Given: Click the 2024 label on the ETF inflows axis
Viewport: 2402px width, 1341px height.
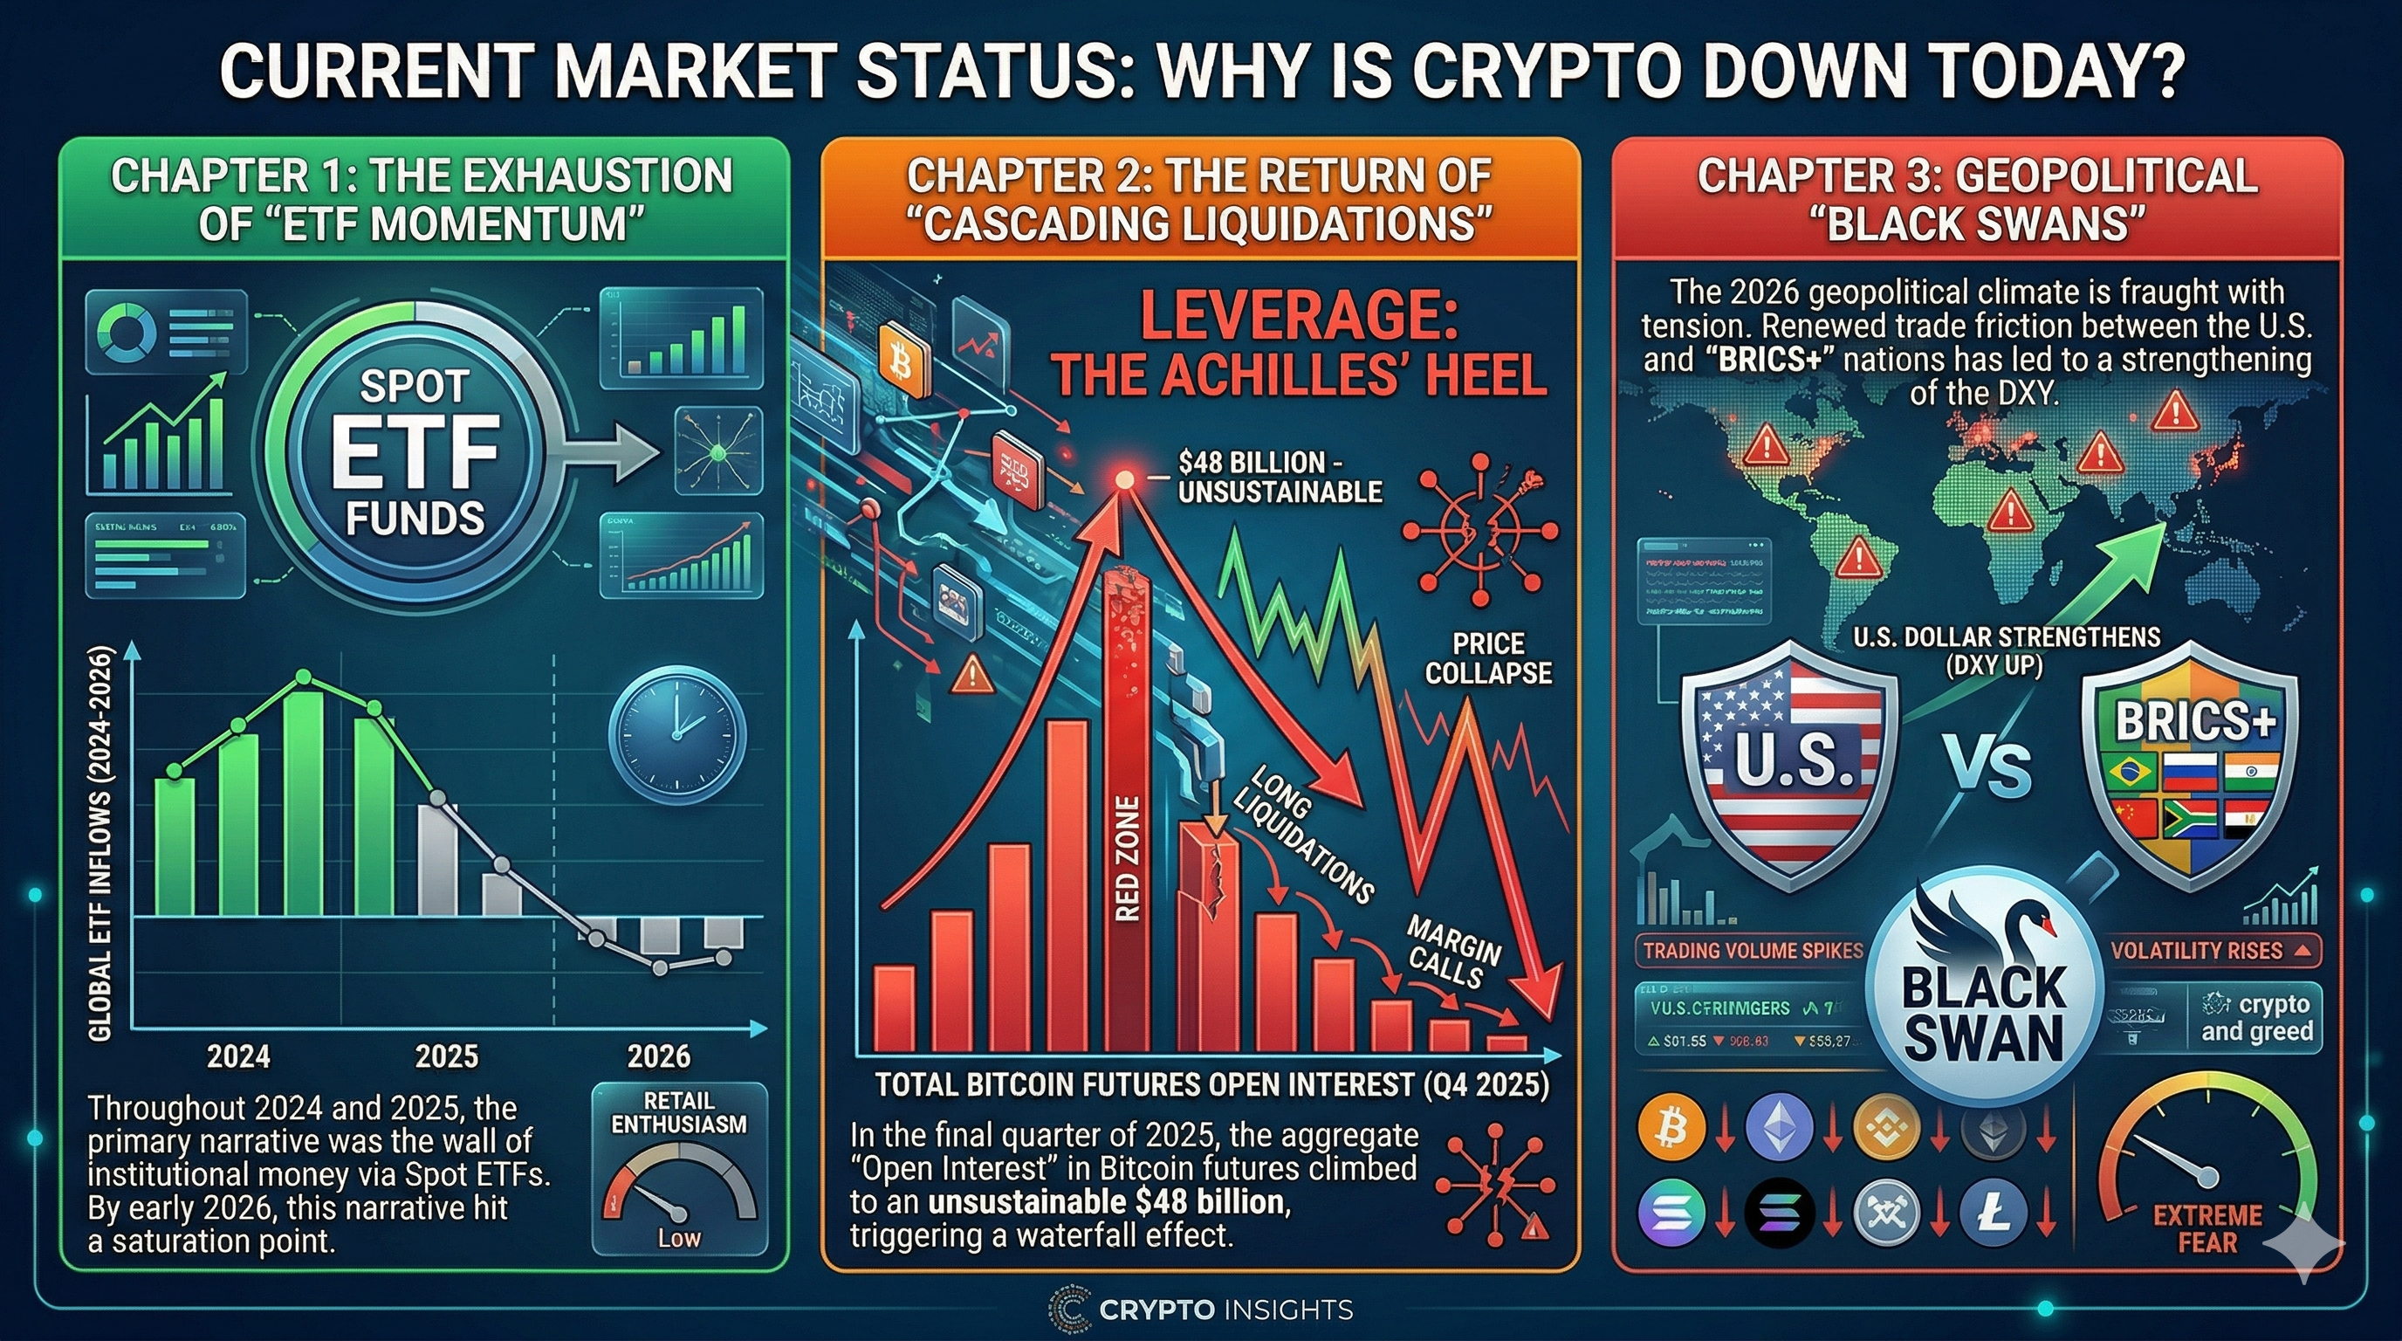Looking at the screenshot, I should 238,1056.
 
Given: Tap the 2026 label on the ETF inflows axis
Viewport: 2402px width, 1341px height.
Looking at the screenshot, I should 658,1056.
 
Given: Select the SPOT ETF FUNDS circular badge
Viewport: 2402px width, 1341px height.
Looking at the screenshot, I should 414,451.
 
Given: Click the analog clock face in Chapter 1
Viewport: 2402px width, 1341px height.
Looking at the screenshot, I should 677,735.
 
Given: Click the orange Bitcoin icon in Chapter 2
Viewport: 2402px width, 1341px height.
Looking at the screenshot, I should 902,359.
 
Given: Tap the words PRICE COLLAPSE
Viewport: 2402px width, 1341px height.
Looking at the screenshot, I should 1488,657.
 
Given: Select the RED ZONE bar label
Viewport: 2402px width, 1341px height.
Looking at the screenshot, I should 1128,858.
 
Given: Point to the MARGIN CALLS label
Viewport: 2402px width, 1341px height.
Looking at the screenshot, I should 1452,952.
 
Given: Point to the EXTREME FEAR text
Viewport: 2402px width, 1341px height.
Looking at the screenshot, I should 2207,1228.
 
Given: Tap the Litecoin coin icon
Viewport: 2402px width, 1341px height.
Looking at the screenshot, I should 1993,1214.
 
